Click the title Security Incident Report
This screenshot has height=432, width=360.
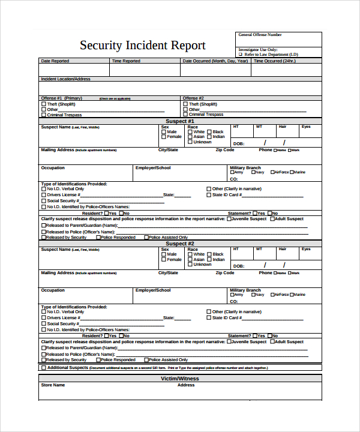click(143, 46)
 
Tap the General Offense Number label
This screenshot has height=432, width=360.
click(260, 35)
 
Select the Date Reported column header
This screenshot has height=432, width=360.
click(55, 61)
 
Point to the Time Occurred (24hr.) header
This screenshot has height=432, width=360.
click(274, 61)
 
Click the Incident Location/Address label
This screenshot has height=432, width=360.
click(65, 79)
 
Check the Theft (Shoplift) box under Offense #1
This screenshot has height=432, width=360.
click(43, 104)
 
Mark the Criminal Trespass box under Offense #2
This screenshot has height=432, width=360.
click(185, 114)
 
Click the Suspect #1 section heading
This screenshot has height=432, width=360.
click(180, 121)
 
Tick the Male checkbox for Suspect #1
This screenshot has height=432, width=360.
click(163, 131)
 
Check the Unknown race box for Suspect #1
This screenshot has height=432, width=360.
click(190, 142)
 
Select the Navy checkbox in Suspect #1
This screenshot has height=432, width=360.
click(251, 172)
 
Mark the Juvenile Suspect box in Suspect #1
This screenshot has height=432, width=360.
click(229, 219)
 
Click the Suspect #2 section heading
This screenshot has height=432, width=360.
click(180, 244)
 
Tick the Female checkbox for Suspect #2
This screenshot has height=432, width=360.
click(163, 260)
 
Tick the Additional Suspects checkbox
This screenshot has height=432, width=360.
click(43, 367)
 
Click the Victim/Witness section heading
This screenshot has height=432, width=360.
click(180, 379)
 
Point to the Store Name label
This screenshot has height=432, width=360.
click(53, 385)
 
